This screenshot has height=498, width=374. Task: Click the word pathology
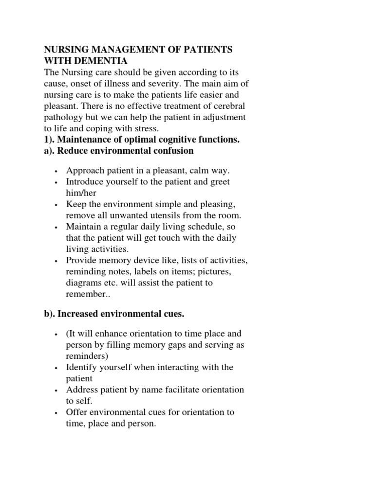[x=63, y=117]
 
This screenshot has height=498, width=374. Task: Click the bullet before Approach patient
[x=57, y=171]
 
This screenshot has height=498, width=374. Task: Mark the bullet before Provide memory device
[x=57, y=261]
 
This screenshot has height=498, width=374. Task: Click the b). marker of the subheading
[x=49, y=315]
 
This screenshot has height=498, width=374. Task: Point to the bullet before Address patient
[x=57, y=391]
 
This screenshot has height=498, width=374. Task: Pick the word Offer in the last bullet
[x=76, y=412]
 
